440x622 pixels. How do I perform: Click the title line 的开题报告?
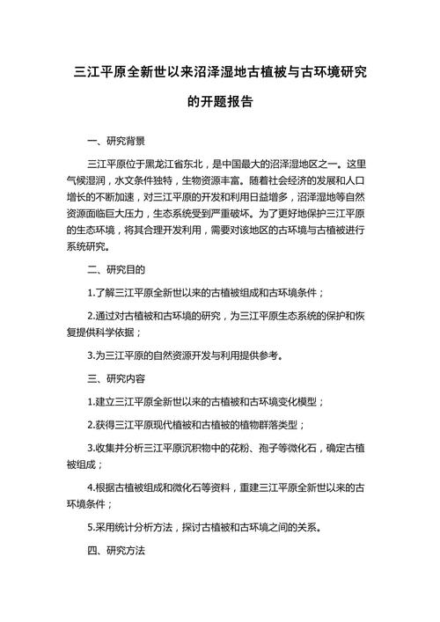(220, 101)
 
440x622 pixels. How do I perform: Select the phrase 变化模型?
(297, 401)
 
